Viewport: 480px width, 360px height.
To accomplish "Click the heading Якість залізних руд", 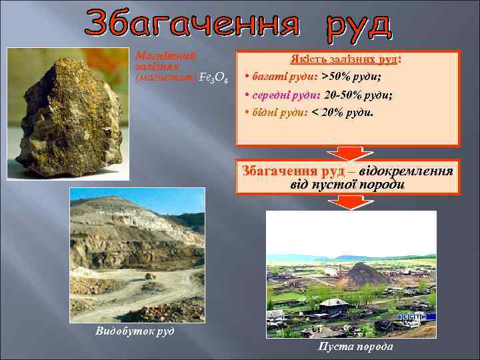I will pyautogui.click(x=345, y=59).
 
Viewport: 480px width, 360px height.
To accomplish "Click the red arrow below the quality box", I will pyautogui.click(x=349, y=153).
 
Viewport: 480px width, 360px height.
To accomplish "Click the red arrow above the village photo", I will pyautogui.click(x=349, y=202).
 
